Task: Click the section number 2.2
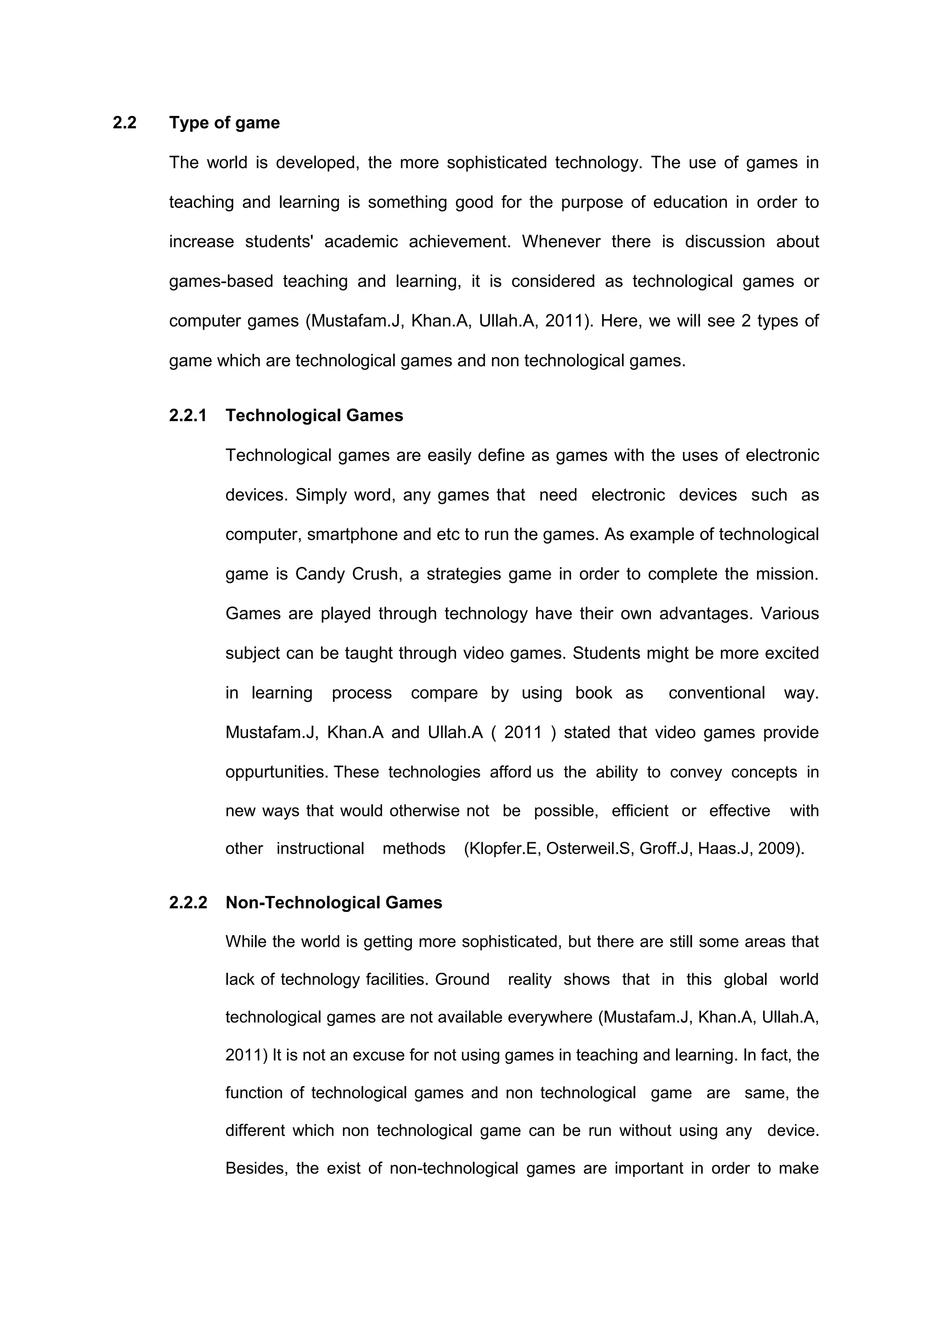point(125,123)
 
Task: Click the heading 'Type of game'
point(224,123)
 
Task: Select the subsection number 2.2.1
point(187,415)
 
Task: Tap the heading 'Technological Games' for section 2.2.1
point(314,415)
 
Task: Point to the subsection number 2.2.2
point(187,902)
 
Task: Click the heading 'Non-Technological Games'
point(334,902)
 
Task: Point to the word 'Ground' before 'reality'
point(462,979)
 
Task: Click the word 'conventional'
point(716,693)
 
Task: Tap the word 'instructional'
point(320,848)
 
